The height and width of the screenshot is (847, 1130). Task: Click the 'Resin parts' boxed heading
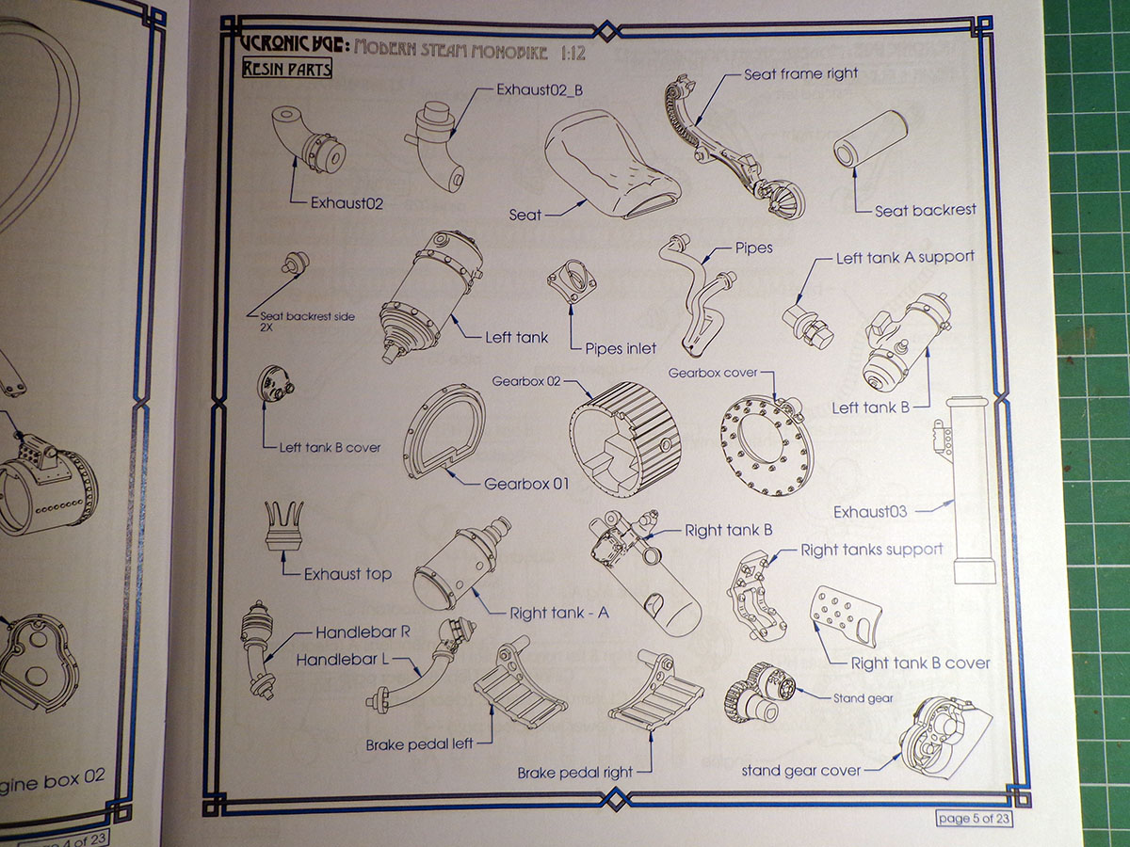coord(285,69)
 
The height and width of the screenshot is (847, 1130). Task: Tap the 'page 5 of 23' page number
coord(975,818)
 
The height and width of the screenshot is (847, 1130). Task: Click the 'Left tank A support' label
coord(905,257)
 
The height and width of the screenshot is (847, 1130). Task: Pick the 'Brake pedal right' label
coord(574,773)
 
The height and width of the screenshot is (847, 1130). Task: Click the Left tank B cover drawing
coord(276,383)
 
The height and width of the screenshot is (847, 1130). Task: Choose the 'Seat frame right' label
coord(800,73)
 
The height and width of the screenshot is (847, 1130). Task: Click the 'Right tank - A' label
coord(559,613)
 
